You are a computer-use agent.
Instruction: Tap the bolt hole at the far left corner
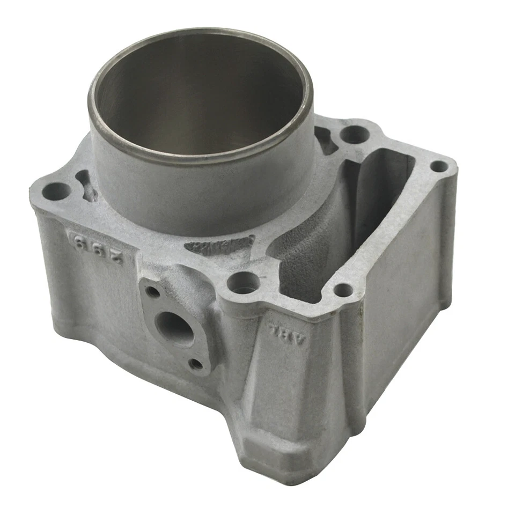(55, 189)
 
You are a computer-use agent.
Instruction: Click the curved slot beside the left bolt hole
(86, 185)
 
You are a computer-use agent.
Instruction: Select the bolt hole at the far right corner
(440, 166)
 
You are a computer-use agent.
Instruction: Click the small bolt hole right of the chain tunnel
(343, 290)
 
